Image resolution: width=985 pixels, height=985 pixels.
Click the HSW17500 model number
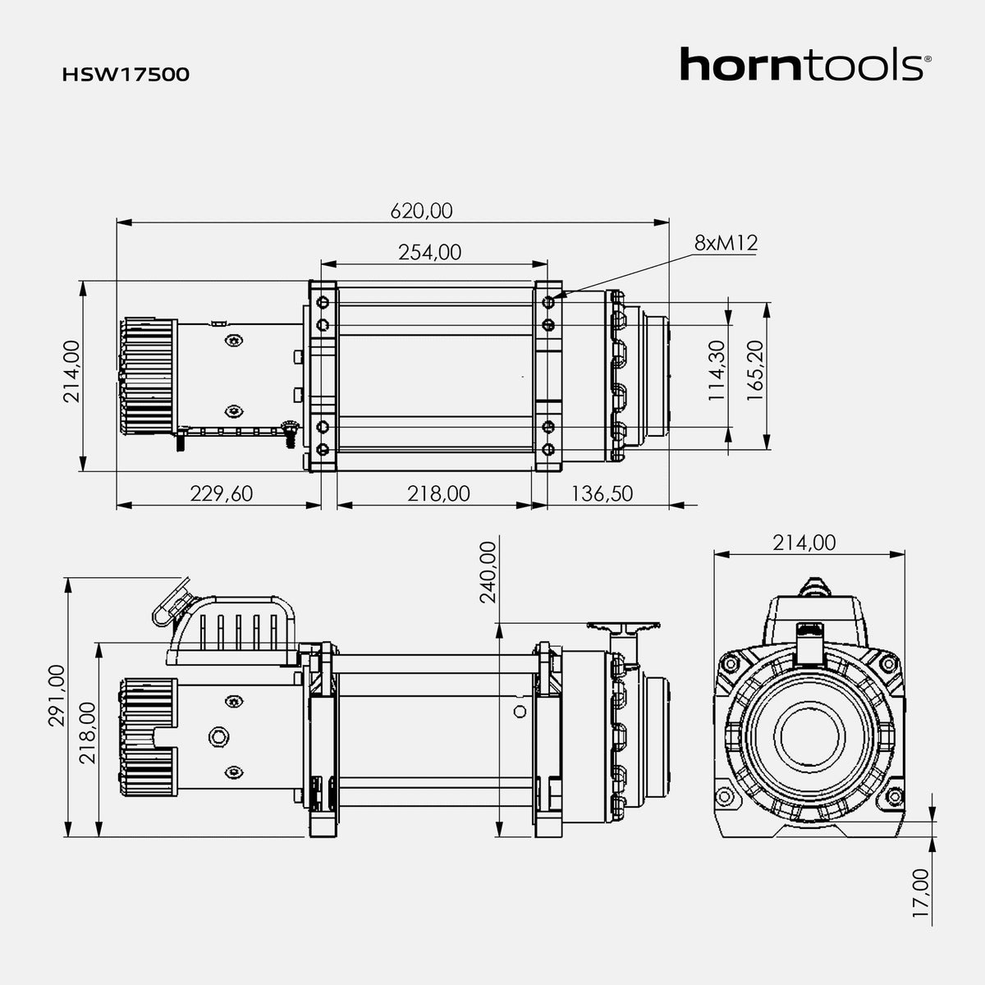tap(126, 75)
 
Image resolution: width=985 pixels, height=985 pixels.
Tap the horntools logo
tap(805, 64)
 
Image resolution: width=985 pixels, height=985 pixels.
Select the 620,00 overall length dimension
tap(421, 211)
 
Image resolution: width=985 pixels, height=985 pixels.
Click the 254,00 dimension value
tap(429, 252)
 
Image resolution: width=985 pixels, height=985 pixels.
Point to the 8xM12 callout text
tap(726, 243)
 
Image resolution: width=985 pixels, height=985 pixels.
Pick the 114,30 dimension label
tap(717, 370)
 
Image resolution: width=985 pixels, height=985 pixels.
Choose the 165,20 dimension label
tap(755, 370)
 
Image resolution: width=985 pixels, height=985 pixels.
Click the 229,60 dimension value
tap(222, 493)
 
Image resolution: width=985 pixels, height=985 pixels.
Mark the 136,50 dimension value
tap(602, 493)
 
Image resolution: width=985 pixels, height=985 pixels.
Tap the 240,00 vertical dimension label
tap(488, 572)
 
